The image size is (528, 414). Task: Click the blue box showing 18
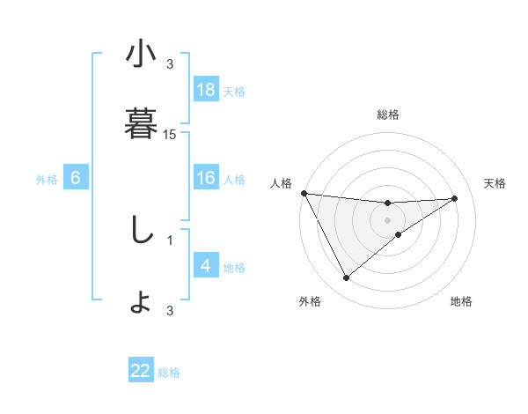[x=206, y=90]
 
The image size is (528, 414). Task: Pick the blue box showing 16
[x=206, y=178]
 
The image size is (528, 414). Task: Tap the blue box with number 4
[x=206, y=266]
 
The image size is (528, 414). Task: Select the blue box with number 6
[x=76, y=178]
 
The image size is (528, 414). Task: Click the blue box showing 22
[x=141, y=371]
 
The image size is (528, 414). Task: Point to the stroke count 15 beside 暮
[x=170, y=135]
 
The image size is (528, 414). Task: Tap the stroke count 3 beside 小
[x=170, y=63]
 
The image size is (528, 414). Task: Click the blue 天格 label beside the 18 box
[x=234, y=91]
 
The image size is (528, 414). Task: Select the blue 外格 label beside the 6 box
[x=47, y=179]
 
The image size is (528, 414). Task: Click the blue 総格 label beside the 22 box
[x=169, y=372]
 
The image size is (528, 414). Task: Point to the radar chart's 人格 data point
[x=304, y=193]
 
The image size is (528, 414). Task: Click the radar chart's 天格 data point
[x=455, y=198]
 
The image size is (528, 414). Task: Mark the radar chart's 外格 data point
[x=346, y=278]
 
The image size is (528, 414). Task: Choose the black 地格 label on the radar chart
[x=461, y=301]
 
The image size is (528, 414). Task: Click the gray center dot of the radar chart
[x=388, y=220]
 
